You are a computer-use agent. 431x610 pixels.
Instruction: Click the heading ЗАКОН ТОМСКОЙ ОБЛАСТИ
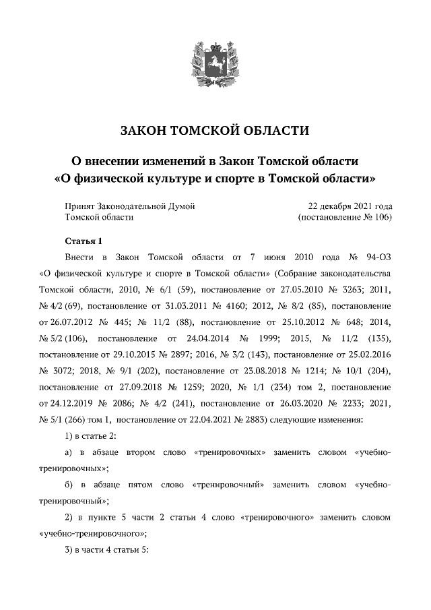pyautogui.click(x=215, y=130)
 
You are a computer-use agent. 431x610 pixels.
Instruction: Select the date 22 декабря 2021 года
pyautogui.click(x=350, y=205)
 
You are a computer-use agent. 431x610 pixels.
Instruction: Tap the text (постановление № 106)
pyautogui.click(x=344, y=217)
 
